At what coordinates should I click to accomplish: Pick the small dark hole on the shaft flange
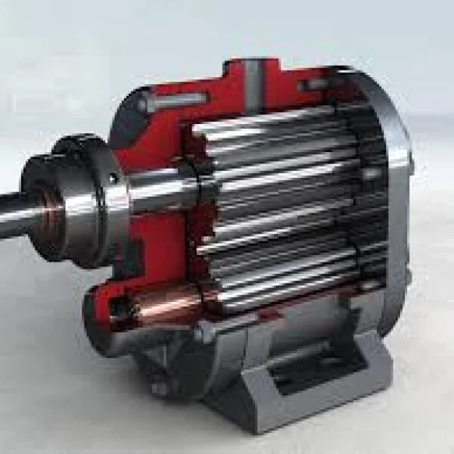click(113, 179)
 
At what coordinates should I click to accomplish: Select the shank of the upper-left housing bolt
click(182, 99)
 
